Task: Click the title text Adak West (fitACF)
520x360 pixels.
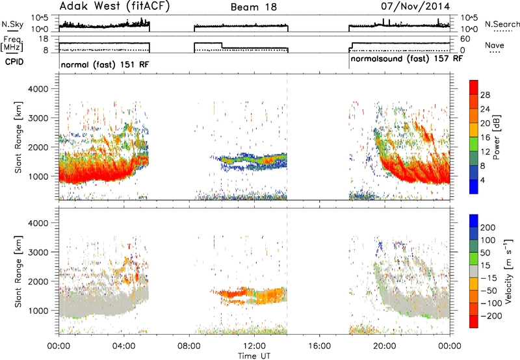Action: [114, 6]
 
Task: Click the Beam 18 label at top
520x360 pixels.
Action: [253, 7]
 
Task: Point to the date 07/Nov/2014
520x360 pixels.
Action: [415, 6]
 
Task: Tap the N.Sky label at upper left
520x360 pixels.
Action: [12, 24]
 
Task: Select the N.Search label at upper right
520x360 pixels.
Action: [502, 24]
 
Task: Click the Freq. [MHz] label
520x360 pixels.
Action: [12, 44]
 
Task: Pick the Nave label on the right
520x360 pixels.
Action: [495, 45]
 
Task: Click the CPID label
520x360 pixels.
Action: [14, 62]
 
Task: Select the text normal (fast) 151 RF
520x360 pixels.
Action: [105, 64]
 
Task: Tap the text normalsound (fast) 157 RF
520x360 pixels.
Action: [407, 59]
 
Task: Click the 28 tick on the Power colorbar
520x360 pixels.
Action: [485, 95]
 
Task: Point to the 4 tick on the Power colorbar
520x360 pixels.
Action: [482, 180]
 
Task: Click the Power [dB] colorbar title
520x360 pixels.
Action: [497, 137]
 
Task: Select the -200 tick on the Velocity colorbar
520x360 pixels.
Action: [490, 316]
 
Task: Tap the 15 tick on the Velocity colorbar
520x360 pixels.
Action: [485, 266]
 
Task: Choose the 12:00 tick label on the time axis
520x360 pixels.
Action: [254, 346]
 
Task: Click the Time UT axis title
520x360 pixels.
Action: [254, 356]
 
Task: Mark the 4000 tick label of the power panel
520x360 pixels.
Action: [38, 89]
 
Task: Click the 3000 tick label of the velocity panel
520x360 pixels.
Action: [38, 252]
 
